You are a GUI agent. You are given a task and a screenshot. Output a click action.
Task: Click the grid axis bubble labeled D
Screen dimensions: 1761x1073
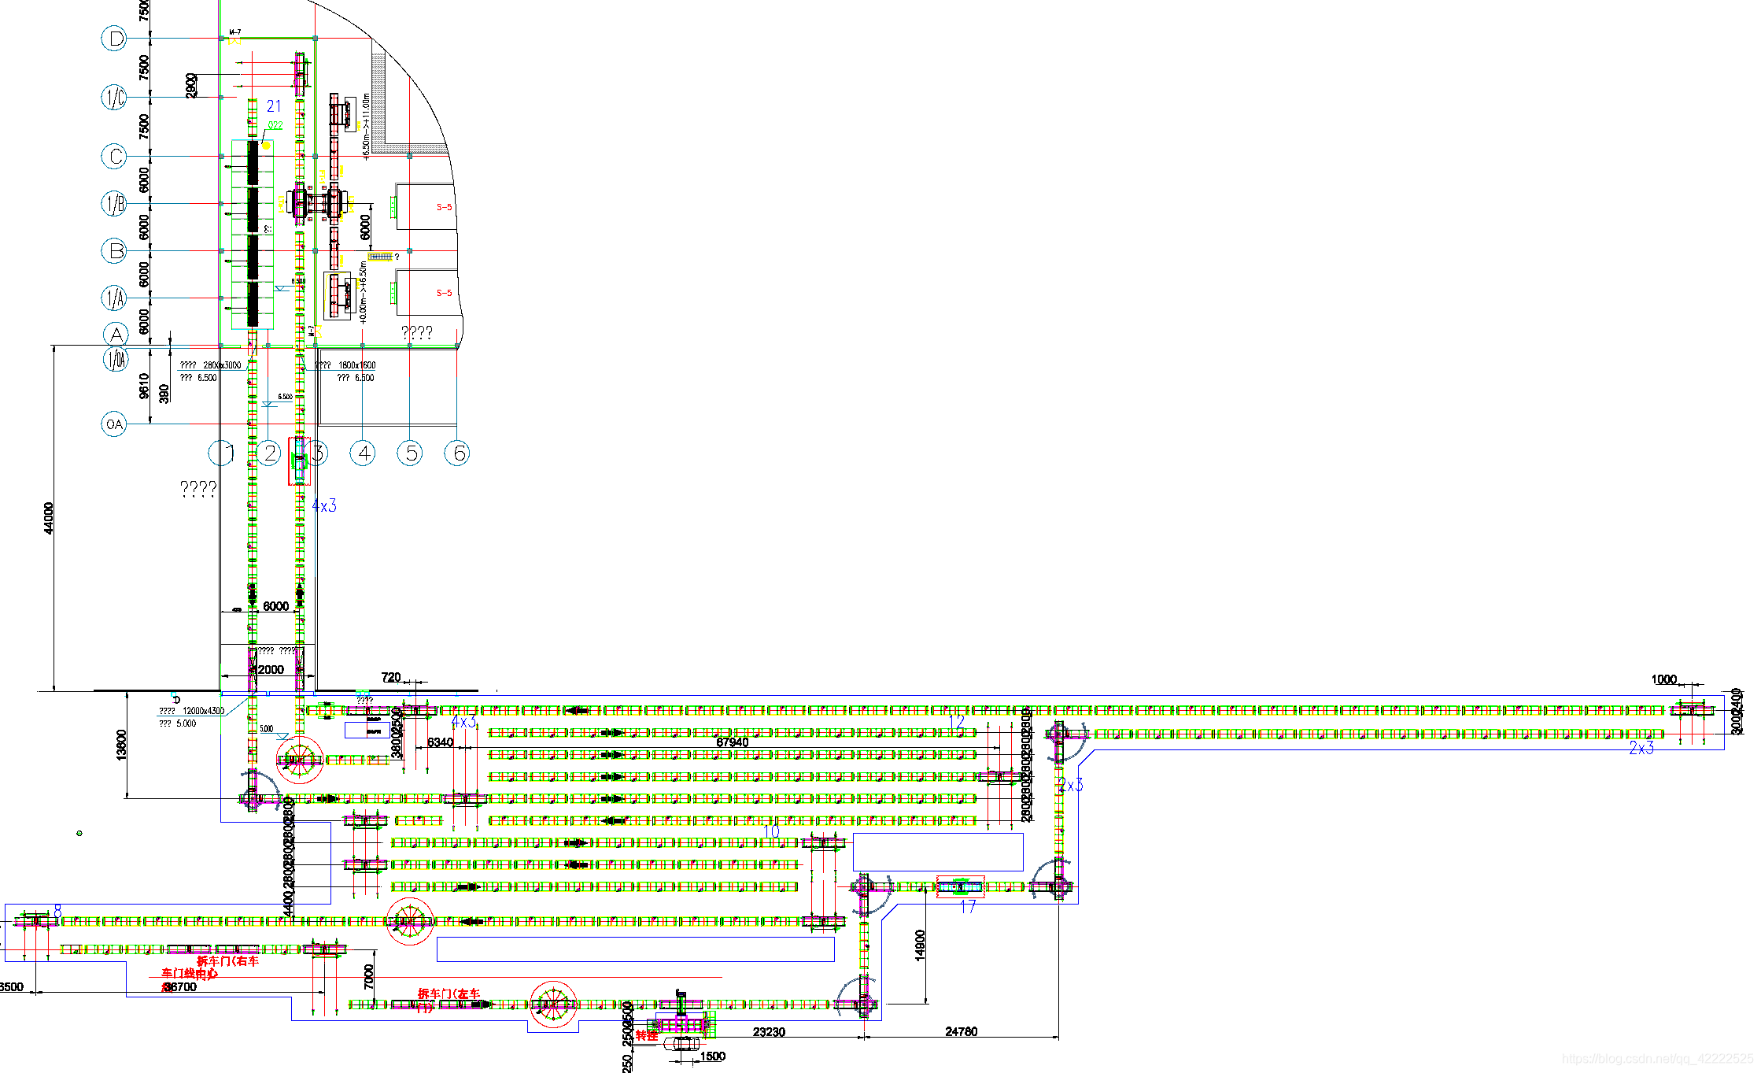[115, 39]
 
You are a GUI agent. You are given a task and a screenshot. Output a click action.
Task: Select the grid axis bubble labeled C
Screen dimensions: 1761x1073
[115, 156]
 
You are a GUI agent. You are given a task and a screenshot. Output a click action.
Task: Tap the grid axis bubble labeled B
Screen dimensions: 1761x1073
[115, 251]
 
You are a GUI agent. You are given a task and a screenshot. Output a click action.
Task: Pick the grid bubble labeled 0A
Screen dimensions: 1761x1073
[115, 424]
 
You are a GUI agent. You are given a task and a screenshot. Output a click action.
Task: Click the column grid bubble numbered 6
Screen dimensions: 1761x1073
[457, 453]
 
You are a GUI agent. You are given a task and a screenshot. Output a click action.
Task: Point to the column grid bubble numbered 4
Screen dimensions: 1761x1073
[363, 453]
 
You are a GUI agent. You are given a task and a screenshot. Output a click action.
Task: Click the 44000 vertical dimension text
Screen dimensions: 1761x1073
[49, 518]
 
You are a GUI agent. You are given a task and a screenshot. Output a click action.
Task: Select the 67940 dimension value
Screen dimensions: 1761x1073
[732, 742]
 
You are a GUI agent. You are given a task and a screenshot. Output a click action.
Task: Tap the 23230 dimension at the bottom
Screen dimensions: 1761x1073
[769, 1032]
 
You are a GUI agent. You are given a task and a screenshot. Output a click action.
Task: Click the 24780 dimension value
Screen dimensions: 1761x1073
[961, 1031]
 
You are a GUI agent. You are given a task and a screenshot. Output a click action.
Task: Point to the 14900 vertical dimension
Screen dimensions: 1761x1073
[921, 945]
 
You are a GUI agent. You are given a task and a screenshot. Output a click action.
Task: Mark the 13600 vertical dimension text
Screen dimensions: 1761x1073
[121, 745]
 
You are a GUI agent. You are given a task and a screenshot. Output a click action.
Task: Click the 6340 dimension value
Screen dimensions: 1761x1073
[440, 742]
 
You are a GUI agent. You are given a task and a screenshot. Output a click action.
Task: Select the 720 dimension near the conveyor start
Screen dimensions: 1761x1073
[391, 677]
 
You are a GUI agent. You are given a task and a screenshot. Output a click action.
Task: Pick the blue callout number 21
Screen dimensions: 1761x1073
[274, 106]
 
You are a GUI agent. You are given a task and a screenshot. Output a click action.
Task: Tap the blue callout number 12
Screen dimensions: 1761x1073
[956, 721]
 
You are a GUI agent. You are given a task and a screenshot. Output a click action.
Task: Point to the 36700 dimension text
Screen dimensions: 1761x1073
[180, 987]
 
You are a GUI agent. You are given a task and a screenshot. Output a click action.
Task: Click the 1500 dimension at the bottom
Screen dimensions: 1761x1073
[712, 1056]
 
